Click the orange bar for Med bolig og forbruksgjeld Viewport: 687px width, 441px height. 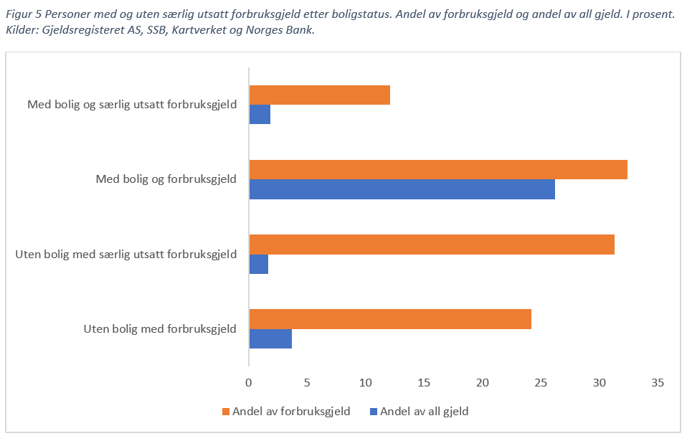437,170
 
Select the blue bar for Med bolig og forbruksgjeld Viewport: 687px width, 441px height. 402,189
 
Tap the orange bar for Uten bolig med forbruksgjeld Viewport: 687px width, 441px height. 389,319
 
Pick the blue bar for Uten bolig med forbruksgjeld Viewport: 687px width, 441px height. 270,338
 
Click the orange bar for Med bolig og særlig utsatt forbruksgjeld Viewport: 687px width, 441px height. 319,95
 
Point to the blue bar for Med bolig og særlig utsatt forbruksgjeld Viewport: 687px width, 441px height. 260,115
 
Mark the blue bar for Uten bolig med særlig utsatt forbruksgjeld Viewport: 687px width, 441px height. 258,264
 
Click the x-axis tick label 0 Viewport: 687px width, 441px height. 249,383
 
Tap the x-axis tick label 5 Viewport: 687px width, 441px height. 307,383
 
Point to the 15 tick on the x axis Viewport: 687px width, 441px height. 424,383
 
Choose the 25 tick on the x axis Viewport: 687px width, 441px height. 541,383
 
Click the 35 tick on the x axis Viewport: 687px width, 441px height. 658,383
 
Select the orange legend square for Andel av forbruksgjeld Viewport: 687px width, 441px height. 226,412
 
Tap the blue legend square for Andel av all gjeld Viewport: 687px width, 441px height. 373,412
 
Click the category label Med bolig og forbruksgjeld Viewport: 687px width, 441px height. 166,179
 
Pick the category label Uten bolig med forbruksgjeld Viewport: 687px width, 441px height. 160,329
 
